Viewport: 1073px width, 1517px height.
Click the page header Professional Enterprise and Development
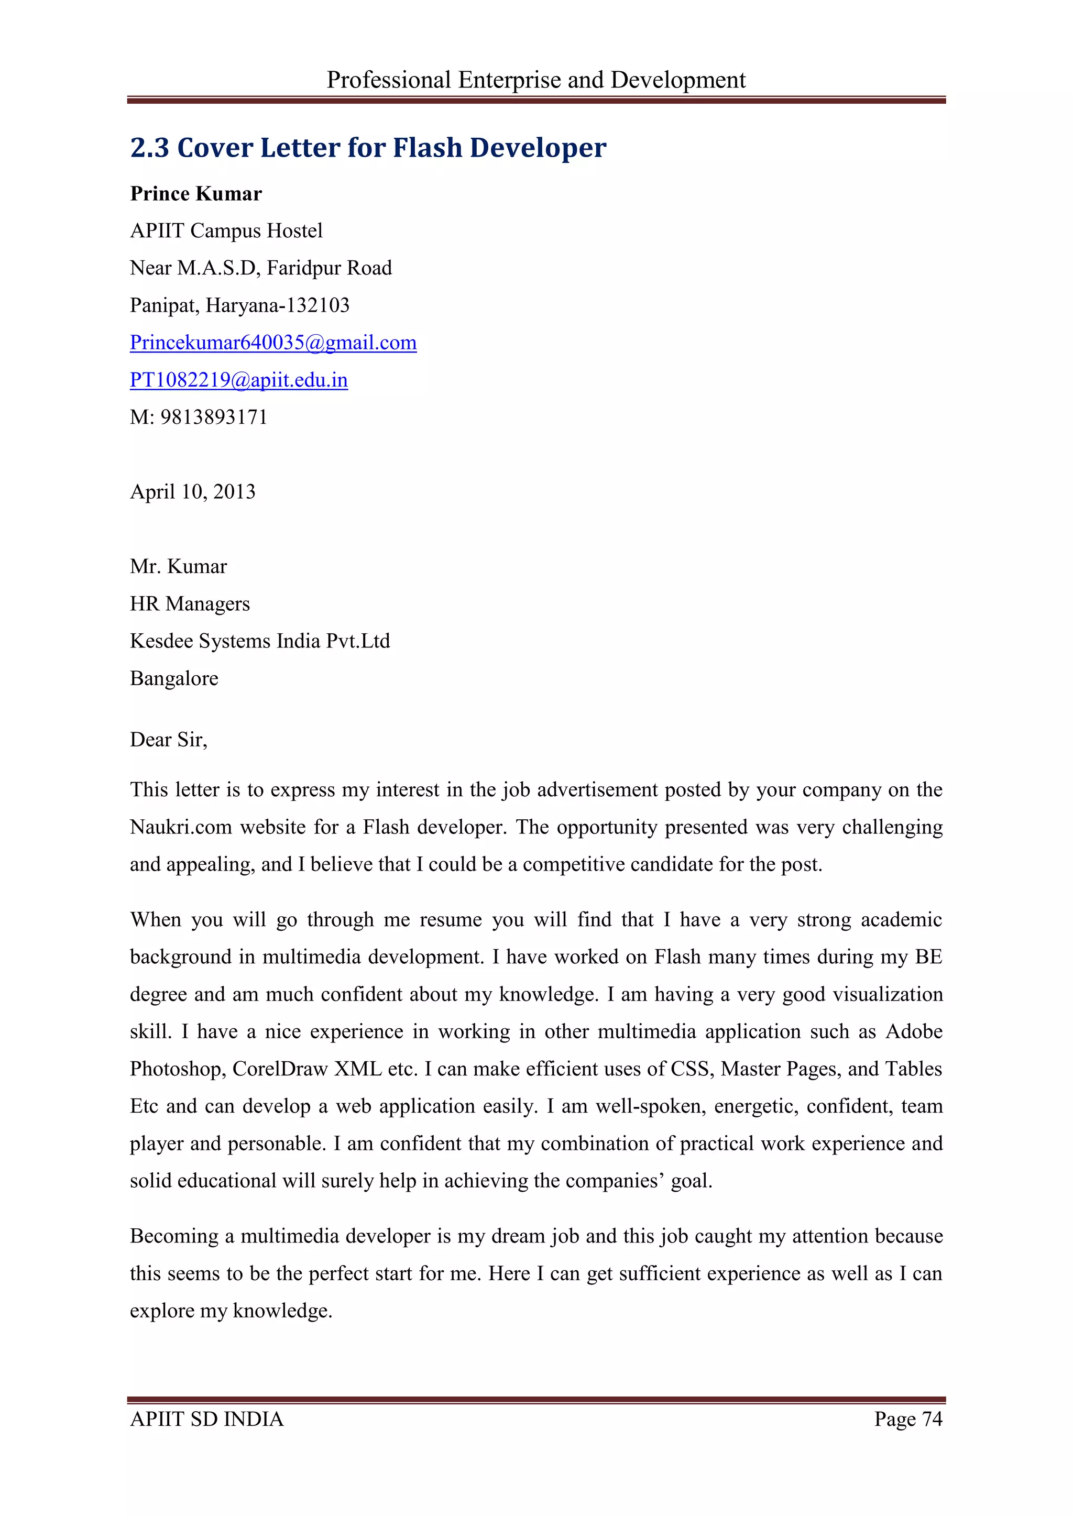[536, 80]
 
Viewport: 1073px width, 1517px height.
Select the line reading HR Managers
[190, 604]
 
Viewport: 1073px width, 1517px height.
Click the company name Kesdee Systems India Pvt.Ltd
[260, 641]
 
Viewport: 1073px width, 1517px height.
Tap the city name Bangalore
[174, 678]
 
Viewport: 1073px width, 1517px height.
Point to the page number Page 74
[908, 1419]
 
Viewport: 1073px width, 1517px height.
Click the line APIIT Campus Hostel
[226, 230]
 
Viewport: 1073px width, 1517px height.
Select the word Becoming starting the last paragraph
[173, 1236]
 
